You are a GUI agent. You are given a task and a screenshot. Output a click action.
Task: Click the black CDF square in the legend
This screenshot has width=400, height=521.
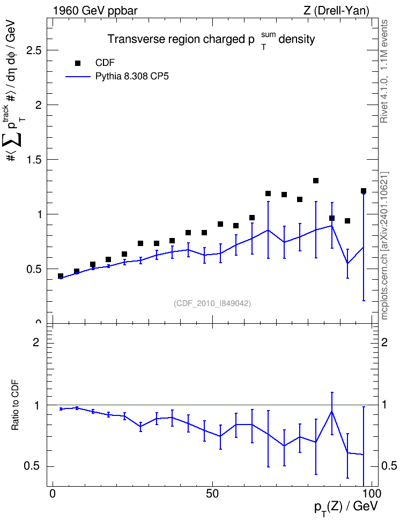pyautogui.click(x=78, y=63)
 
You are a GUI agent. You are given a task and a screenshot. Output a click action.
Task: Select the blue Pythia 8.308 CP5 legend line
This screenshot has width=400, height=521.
pyautogui.click(x=78, y=77)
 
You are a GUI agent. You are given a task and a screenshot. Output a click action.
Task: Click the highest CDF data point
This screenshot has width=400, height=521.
pyautogui.click(x=316, y=181)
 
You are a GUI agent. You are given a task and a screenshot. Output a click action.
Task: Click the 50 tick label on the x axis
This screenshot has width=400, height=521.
pyautogui.click(x=212, y=494)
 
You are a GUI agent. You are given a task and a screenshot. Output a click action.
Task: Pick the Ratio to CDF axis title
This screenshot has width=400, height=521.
pyautogui.click(x=16, y=405)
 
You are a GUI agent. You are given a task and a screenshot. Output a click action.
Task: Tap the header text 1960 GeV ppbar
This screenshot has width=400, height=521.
pyautogui.click(x=95, y=11)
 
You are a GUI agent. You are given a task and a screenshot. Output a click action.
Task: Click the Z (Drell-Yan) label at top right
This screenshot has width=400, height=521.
pyautogui.click(x=336, y=11)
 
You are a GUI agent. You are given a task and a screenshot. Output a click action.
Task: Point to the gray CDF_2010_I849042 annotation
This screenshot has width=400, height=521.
pyautogui.click(x=212, y=303)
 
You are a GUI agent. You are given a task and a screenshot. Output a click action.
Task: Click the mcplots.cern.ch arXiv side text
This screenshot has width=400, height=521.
pyautogui.click(x=384, y=245)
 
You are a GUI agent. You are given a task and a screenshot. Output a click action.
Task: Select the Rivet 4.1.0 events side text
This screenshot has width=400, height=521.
pyautogui.click(x=384, y=71)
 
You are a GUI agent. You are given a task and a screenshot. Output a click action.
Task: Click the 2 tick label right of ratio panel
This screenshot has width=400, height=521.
pyautogui.click(x=384, y=342)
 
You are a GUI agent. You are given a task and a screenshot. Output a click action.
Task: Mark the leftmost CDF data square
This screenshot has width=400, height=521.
pyautogui.click(x=61, y=276)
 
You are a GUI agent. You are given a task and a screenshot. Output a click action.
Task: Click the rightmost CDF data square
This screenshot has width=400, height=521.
pyautogui.click(x=364, y=191)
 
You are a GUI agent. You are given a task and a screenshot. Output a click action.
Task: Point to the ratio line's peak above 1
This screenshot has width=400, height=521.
pyautogui.click(x=332, y=412)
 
